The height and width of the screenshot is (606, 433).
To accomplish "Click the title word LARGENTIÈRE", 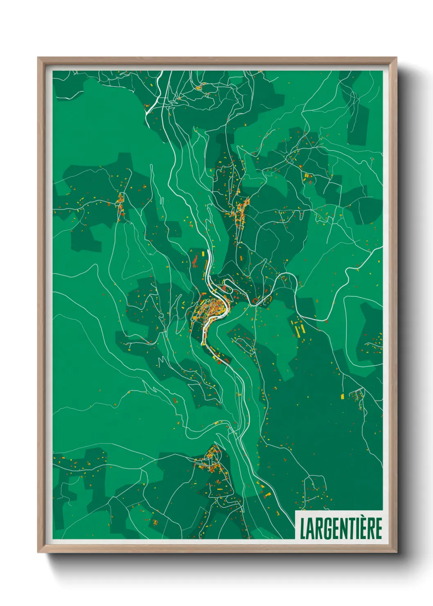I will point(341,528).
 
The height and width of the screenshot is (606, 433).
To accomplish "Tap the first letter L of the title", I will point(303,528).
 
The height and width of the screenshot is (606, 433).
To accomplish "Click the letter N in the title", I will point(342,528).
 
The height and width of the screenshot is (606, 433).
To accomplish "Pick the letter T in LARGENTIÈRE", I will point(350,528).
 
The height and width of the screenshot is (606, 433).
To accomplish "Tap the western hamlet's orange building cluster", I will point(120,205).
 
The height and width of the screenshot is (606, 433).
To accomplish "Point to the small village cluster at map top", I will point(201,87).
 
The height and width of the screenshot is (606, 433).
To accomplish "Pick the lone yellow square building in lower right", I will point(342,396).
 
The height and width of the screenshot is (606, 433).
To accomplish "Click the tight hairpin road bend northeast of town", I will point(282,278).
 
